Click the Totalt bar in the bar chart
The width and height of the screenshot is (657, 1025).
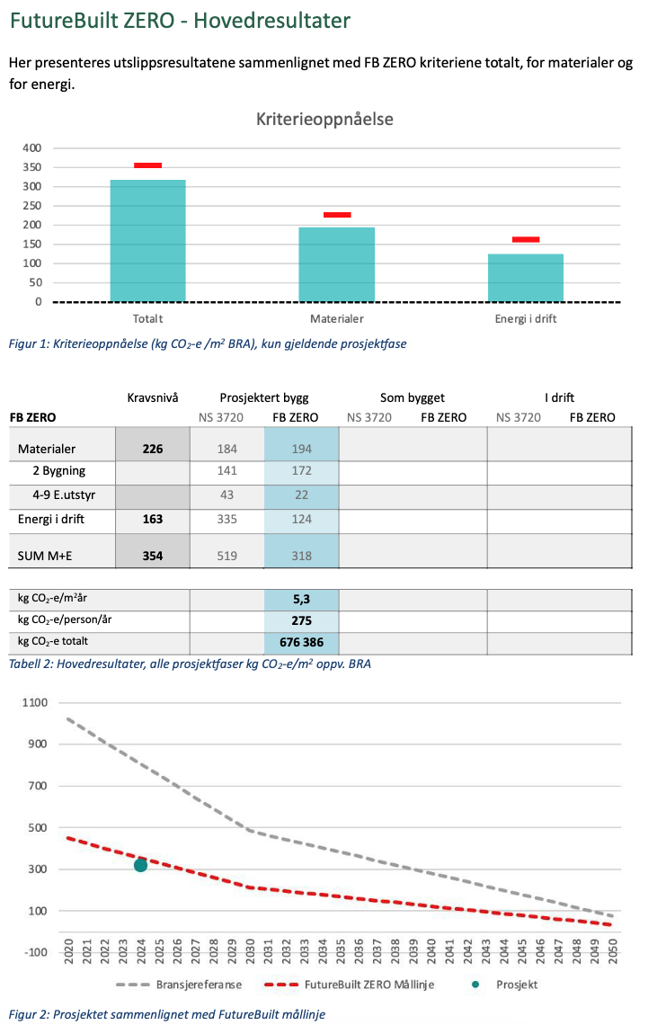(147, 241)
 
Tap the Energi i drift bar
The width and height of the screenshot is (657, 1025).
(525, 278)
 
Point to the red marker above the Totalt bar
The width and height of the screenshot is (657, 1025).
(147, 165)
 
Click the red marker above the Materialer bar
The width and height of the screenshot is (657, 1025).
(337, 215)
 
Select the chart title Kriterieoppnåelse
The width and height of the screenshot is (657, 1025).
(324, 119)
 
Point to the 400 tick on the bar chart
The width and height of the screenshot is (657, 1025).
(31, 147)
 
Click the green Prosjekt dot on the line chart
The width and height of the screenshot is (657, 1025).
(140, 865)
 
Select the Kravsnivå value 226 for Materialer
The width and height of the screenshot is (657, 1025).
(153, 449)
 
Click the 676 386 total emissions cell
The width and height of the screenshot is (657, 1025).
(301, 643)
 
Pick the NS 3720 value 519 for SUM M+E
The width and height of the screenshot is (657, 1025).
(226, 556)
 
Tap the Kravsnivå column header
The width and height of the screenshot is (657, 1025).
(153, 397)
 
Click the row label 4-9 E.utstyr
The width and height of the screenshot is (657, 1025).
(63, 495)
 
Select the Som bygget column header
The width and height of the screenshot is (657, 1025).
(412, 397)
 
